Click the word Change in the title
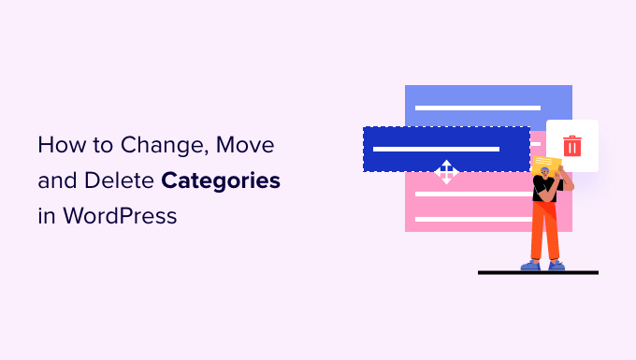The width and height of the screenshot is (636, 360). click(x=160, y=146)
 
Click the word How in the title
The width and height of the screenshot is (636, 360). click(x=58, y=146)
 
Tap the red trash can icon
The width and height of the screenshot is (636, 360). click(x=571, y=146)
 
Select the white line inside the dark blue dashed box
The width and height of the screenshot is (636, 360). click(x=436, y=147)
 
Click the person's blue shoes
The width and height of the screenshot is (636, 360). click(x=543, y=266)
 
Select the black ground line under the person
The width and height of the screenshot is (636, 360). click(x=538, y=273)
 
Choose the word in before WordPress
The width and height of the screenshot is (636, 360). click(x=45, y=217)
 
